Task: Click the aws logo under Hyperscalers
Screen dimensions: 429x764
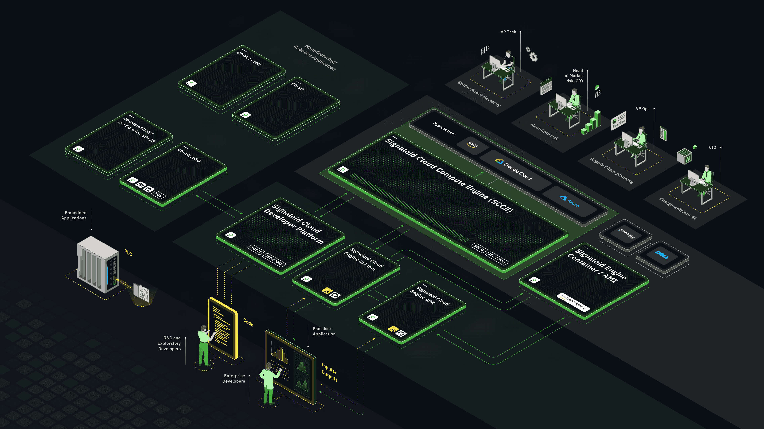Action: tap(473, 144)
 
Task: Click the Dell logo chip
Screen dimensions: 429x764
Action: tap(662, 255)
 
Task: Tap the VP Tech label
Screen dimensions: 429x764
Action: tap(508, 32)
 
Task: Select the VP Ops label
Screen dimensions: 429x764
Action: tap(642, 109)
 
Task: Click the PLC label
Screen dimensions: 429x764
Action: tap(128, 253)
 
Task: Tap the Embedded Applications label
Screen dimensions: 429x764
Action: tap(74, 215)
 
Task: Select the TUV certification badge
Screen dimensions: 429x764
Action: tap(158, 195)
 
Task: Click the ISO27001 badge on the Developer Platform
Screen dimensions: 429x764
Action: tap(274, 260)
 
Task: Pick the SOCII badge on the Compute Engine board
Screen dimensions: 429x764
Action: tap(478, 247)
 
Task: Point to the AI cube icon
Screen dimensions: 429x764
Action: tap(684, 156)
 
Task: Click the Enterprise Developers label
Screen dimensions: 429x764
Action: tap(234, 378)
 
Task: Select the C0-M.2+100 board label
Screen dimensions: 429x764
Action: tap(248, 58)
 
